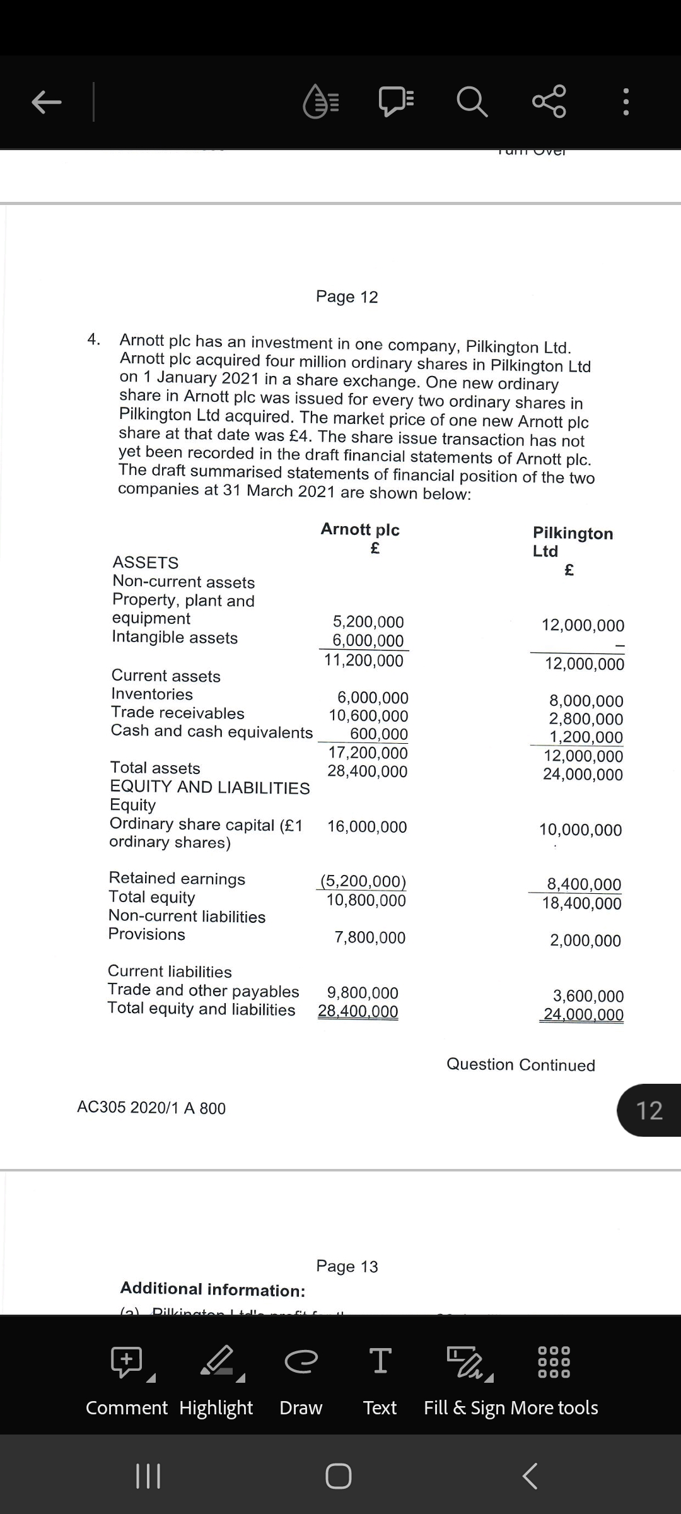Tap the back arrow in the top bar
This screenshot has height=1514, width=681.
[47, 102]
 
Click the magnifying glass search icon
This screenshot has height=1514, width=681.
[472, 102]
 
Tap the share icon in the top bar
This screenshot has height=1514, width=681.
[549, 102]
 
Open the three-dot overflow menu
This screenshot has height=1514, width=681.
[625, 102]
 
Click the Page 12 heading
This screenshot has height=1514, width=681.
[347, 296]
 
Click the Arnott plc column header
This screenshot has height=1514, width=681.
[360, 529]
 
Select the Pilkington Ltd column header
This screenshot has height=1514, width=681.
[572, 541]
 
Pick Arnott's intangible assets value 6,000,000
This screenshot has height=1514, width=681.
[368, 641]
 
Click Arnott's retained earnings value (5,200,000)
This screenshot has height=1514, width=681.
[363, 881]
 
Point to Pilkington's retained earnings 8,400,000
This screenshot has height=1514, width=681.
[584, 884]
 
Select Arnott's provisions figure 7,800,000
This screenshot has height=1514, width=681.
[370, 937]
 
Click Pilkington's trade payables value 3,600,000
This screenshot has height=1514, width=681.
[588, 996]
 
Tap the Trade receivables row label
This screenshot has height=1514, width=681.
[178, 713]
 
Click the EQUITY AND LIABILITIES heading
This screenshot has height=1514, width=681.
[210, 787]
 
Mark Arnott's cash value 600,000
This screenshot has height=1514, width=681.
[379, 734]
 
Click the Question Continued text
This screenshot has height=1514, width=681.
[520, 1065]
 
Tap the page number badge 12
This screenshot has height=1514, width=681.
[649, 1110]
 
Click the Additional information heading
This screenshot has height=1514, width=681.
[213, 1289]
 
